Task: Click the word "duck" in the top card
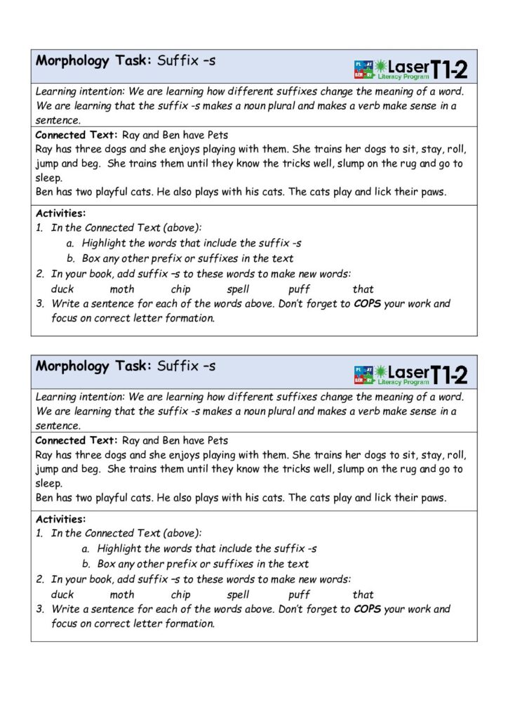point(62,289)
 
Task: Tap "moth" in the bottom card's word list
point(122,594)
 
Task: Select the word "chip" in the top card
point(180,289)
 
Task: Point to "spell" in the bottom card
point(239,594)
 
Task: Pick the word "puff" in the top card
point(299,289)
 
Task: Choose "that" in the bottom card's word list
point(363,594)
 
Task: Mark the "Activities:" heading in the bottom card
point(60,519)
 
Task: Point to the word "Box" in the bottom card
point(106,564)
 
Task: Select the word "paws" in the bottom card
point(432,498)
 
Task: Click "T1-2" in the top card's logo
point(450,69)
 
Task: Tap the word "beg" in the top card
point(90,164)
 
